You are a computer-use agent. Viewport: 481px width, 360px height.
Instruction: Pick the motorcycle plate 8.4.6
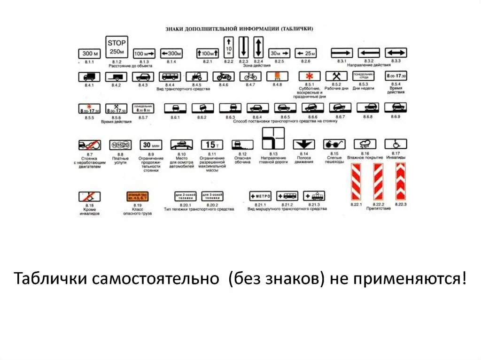point(223,77)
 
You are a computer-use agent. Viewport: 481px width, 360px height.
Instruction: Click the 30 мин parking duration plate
point(151,145)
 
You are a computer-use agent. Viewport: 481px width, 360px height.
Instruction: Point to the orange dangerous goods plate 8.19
point(137,197)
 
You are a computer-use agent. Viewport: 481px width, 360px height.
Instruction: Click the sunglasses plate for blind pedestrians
point(334,145)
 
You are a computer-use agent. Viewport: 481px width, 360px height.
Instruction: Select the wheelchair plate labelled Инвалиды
point(396,144)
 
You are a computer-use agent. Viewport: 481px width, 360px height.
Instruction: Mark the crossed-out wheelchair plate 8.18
point(89,197)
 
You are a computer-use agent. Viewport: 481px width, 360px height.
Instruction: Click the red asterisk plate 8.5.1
point(310,76)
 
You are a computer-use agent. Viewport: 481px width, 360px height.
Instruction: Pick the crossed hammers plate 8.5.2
point(336,76)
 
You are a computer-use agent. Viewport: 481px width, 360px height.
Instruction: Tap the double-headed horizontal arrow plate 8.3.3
point(396,53)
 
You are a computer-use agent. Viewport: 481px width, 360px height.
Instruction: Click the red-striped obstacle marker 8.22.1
point(356,182)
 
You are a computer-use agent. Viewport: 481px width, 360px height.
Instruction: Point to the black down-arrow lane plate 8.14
point(304,145)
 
